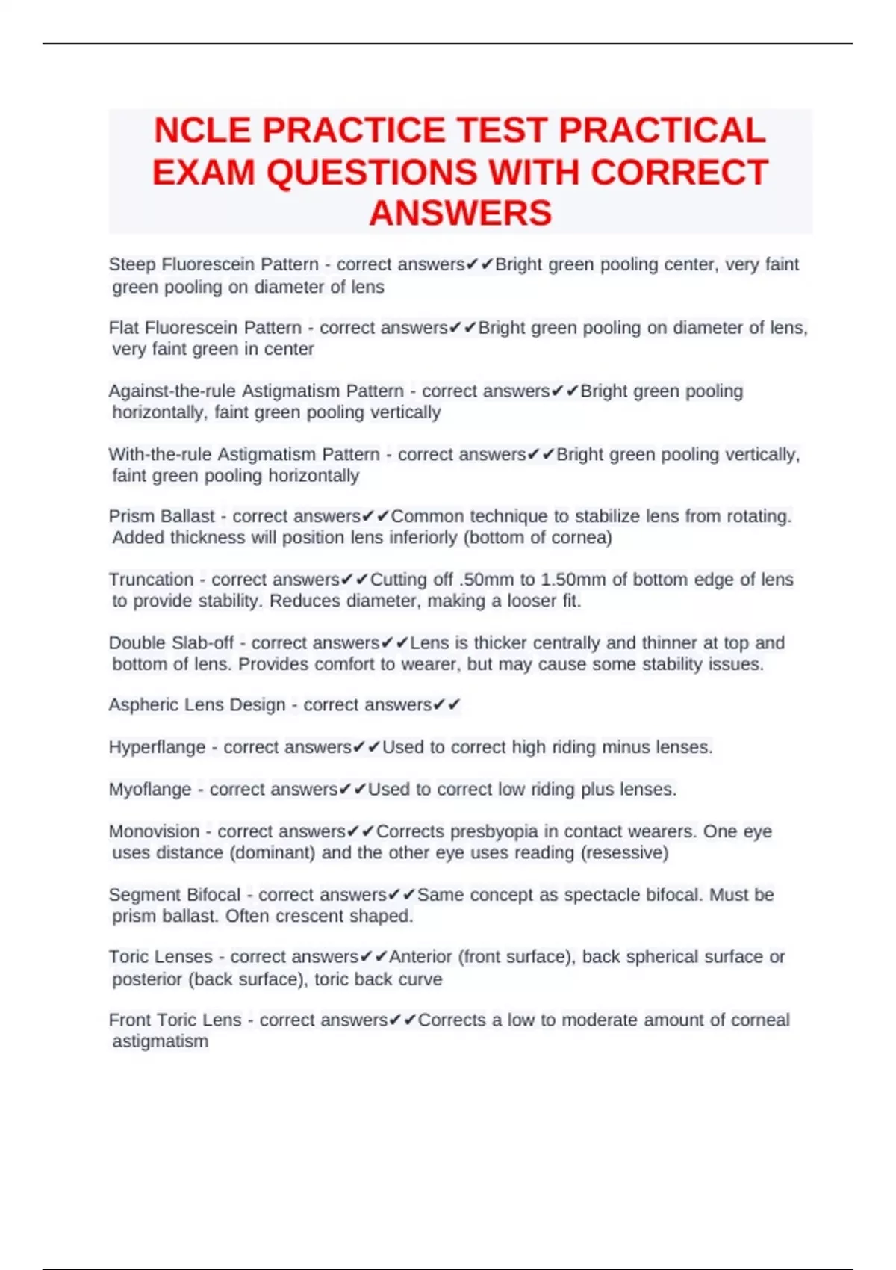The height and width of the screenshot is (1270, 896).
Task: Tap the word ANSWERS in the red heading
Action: click(x=460, y=213)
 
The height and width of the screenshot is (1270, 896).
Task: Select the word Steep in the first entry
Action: click(x=132, y=264)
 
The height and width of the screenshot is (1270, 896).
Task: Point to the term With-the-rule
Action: click(x=159, y=454)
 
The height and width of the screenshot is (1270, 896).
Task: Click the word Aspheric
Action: click(x=144, y=705)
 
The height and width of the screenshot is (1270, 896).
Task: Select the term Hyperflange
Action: click(x=157, y=747)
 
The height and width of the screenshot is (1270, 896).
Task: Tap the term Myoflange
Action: click(x=150, y=790)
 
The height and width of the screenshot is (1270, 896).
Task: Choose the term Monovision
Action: click(x=154, y=831)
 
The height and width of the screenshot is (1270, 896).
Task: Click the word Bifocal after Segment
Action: click(x=213, y=895)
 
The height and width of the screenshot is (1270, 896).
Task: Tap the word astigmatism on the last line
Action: click(x=160, y=1041)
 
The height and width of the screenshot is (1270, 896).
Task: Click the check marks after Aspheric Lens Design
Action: click(x=447, y=705)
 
